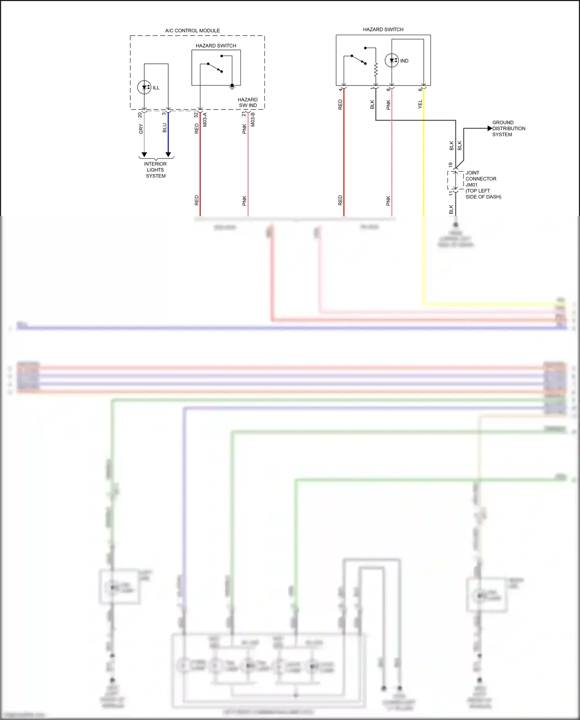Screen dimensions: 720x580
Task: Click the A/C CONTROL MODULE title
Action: point(192,31)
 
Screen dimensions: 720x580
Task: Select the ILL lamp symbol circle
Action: point(144,87)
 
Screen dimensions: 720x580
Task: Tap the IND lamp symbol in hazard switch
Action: point(392,60)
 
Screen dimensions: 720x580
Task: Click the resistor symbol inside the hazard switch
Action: point(376,70)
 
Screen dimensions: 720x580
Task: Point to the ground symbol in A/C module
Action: point(232,87)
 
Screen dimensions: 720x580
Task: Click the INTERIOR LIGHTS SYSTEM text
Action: point(155,170)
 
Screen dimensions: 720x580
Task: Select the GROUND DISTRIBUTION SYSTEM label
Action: point(508,128)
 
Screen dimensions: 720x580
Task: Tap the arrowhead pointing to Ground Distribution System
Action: point(490,128)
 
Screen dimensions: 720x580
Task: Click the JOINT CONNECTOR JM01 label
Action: point(481,179)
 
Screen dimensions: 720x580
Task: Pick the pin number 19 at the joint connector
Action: point(450,165)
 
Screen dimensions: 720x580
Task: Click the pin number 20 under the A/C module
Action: point(140,115)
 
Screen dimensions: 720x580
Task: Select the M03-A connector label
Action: point(205,120)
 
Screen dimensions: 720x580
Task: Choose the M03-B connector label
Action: point(253,120)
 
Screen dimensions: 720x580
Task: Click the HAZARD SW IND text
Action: point(247,103)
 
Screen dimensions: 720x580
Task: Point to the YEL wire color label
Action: point(420,104)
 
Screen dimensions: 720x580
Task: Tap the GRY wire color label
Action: point(141,129)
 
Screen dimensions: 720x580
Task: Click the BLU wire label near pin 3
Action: point(165,128)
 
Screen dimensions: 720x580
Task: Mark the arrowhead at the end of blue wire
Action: point(168,154)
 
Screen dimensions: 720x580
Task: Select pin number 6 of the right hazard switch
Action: point(420,89)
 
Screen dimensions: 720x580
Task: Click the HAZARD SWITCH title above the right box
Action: point(383,29)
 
